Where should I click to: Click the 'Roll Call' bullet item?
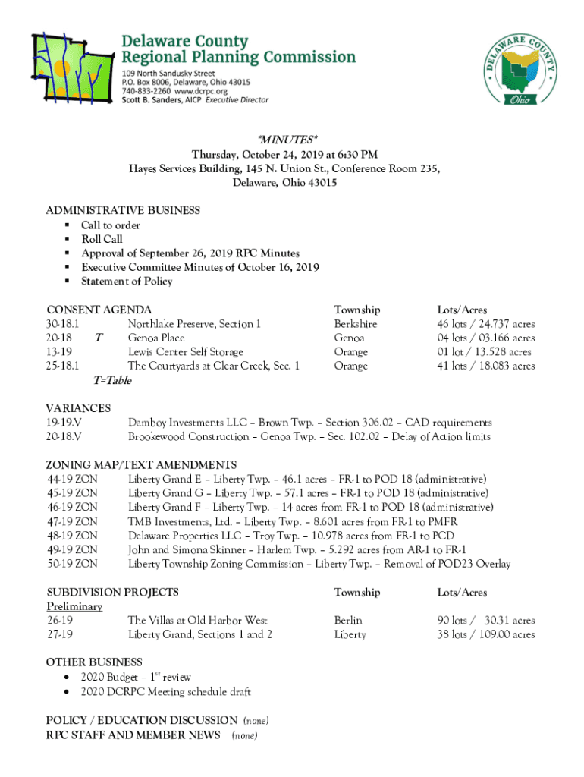pos(102,239)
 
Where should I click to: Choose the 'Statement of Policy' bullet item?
pos(127,282)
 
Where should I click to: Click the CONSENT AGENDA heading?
pos(99,310)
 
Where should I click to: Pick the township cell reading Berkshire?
pos(356,324)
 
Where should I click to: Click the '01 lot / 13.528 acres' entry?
pos(484,352)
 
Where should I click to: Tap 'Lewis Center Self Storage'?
pos(186,352)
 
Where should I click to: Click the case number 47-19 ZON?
pos(71,522)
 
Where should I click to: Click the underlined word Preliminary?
pos(74,607)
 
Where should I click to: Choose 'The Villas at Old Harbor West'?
pos(197,621)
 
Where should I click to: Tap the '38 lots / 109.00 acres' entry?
pos(485,635)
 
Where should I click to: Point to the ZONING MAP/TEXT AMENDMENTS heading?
pos(141,465)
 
